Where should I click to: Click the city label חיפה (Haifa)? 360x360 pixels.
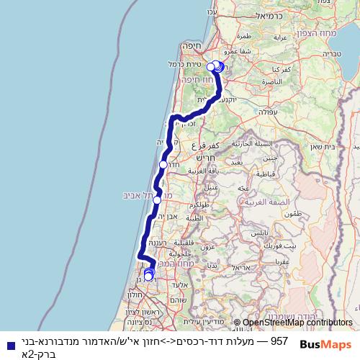tap(192, 45)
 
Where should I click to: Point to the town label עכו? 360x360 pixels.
tap(212, 12)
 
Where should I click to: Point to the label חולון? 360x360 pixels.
tap(135, 294)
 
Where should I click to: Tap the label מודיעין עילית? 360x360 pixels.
tap(196, 321)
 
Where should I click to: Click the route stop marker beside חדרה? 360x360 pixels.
tap(163, 165)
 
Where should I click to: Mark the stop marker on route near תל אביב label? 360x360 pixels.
tap(157, 199)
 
